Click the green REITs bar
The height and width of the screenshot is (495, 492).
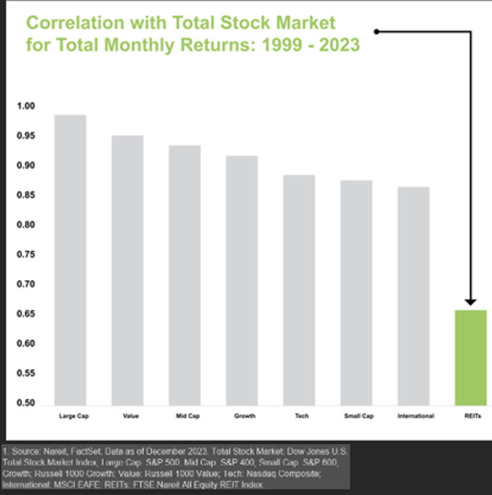470,358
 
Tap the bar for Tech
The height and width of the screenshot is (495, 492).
299,290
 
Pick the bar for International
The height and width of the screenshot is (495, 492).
414,296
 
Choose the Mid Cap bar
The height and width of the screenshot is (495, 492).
185,275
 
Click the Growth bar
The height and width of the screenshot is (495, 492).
242,281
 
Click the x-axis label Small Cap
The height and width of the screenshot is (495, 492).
358,416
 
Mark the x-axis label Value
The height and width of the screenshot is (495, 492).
131,416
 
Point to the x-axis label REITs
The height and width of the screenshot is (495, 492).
470,416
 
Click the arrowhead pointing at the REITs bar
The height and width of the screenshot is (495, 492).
470,302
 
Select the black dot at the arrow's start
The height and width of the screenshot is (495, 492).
377,32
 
